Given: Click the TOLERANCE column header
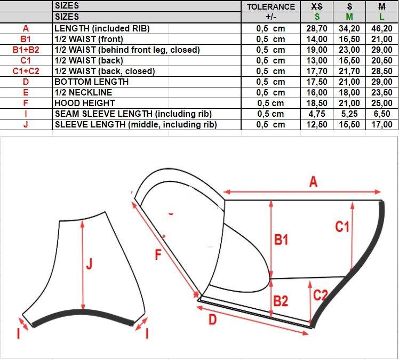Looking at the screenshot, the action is pyautogui.click(x=271, y=6).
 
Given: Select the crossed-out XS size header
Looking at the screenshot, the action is pyautogui.click(x=317, y=6).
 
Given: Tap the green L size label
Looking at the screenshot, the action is pyautogui.click(x=382, y=17).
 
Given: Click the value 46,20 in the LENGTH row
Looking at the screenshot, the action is pyautogui.click(x=382, y=28).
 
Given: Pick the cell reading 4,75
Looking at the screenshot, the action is pyautogui.click(x=317, y=114).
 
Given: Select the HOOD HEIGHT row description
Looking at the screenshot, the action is pyautogui.click(x=85, y=103).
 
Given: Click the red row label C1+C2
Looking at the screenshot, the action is pyautogui.click(x=26, y=71).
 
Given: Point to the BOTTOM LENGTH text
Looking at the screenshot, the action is pyautogui.click(x=92, y=82).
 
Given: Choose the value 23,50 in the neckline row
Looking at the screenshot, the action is pyautogui.click(x=382, y=92).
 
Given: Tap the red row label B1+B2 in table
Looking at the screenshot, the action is pyautogui.click(x=26, y=50).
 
